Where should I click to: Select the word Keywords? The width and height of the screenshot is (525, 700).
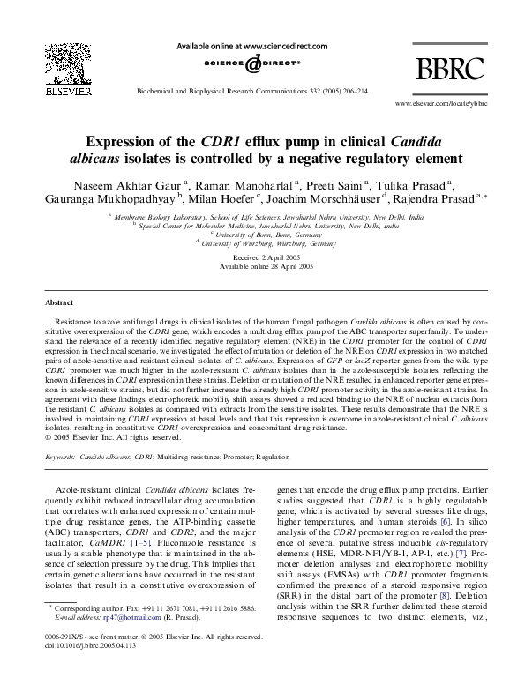[x=60, y=458]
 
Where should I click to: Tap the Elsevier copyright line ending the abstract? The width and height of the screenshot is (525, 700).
[x=107, y=436]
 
